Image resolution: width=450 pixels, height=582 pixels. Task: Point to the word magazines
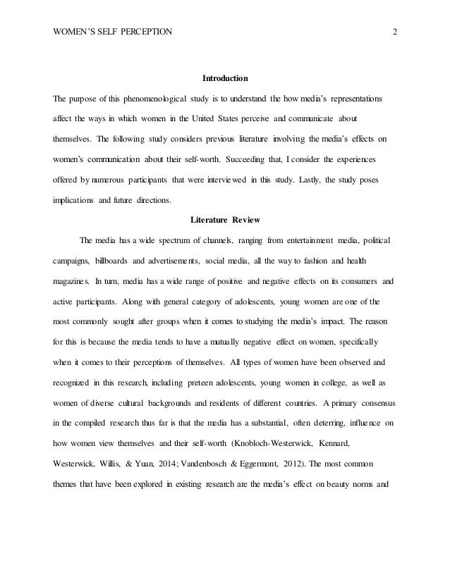coord(71,283)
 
